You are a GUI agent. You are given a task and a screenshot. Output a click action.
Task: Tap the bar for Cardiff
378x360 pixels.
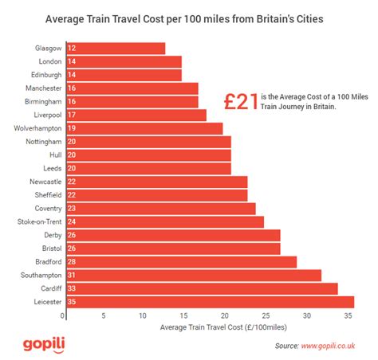(x=199, y=288)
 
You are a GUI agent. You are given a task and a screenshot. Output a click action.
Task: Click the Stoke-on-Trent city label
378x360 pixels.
(x=39, y=221)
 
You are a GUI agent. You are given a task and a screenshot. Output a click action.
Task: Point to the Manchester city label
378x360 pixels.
(x=42, y=88)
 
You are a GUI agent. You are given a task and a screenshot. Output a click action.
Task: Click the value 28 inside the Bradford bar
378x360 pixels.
(x=71, y=261)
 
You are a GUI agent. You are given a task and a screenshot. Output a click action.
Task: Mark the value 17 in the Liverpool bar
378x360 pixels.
(x=71, y=115)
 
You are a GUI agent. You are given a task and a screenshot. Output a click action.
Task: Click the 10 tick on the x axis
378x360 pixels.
(x=144, y=316)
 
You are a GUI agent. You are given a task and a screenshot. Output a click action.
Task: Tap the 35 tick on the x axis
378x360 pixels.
(x=348, y=316)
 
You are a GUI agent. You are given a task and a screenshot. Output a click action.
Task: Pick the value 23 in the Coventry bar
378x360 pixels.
(x=71, y=208)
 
